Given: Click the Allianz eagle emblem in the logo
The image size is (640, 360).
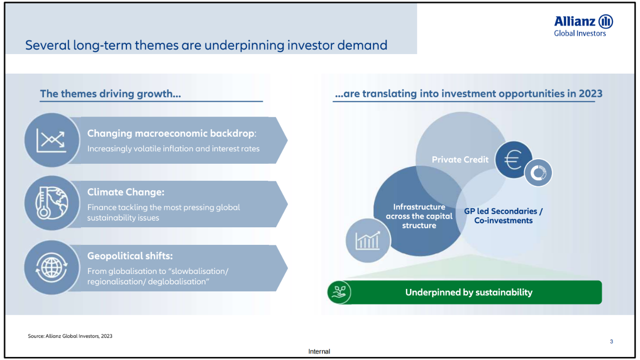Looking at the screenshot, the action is click(605, 22).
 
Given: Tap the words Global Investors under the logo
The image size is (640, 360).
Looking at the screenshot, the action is click(579, 34).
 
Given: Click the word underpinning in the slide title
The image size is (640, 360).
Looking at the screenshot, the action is click(244, 46).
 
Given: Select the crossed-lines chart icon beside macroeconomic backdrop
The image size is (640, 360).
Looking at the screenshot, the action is click(51, 140).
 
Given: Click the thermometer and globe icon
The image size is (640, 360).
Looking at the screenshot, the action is click(51, 203).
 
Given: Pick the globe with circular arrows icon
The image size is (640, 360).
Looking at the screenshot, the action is click(51, 267).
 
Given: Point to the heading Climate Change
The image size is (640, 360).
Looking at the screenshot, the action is click(125, 192).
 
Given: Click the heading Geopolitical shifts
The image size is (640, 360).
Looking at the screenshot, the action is click(130, 256).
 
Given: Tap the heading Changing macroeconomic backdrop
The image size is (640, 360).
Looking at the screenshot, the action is click(171, 133).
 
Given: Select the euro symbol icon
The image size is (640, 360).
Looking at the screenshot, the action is click(513, 160).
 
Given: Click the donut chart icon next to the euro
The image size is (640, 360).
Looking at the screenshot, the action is click(538, 173).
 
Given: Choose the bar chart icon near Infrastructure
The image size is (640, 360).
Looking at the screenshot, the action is click(367, 240).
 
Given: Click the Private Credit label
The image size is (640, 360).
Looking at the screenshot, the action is click(460, 159).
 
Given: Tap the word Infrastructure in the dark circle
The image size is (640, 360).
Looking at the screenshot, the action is click(419, 207).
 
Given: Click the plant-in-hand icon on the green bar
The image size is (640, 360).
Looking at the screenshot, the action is click(339, 292).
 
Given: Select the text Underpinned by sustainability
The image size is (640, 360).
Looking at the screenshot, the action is click(469, 292).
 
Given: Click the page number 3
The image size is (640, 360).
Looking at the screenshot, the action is click(611, 341).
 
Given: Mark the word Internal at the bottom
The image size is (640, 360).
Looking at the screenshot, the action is click(319, 351).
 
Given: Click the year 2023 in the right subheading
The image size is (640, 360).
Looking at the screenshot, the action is click(590, 94).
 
